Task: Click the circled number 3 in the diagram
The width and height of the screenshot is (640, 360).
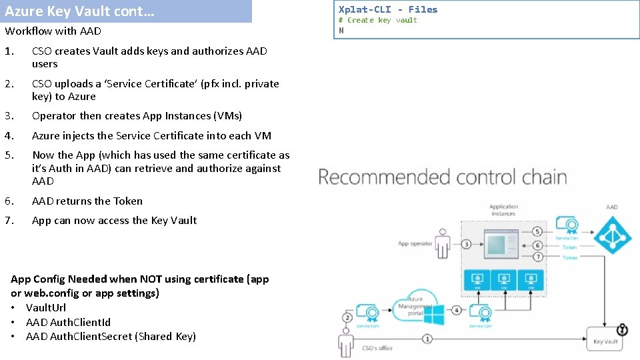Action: pos(467,244)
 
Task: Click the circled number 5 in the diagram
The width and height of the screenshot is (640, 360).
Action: pos(537,231)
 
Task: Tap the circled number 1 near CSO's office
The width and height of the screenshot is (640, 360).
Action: pos(427,339)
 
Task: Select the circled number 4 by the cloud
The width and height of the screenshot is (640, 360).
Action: pos(455,310)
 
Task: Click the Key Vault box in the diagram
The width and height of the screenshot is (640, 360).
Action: pos(605,338)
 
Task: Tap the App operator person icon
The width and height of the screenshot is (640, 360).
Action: pos(443,243)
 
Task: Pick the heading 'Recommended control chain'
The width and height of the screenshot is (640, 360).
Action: pos(443,177)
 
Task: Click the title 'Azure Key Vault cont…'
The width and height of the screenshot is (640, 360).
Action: pos(79,11)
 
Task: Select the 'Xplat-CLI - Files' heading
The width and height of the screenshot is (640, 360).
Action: pos(388,9)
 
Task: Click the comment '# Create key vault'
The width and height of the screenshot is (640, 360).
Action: pos(377,20)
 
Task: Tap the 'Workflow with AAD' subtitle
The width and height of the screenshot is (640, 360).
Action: pos(53,31)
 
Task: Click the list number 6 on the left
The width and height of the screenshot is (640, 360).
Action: pos(8,201)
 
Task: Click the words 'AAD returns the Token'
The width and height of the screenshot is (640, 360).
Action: pos(87,201)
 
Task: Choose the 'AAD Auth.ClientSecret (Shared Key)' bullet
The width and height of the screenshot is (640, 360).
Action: pos(111,336)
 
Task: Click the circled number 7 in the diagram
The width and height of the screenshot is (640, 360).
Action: pos(537,257)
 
